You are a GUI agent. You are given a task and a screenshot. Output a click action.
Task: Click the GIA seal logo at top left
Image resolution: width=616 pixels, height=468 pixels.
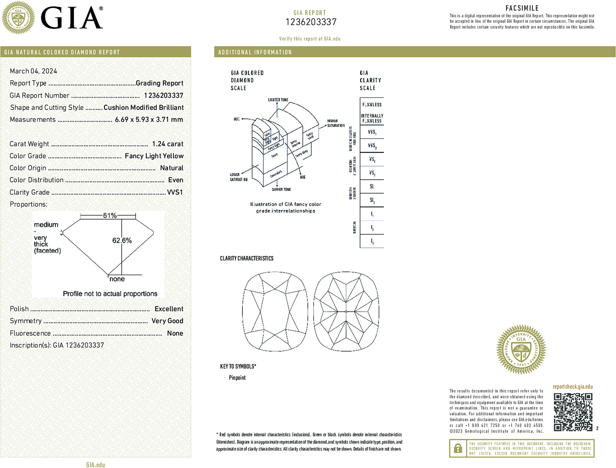(18, 18)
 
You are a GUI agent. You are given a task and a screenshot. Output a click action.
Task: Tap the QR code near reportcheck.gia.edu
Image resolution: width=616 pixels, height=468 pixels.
(573, 412)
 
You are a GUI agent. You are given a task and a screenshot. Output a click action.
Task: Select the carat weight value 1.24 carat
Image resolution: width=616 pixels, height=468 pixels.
(167, 144)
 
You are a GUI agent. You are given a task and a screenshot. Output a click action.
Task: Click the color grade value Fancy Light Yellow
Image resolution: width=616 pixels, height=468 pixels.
(154, 156)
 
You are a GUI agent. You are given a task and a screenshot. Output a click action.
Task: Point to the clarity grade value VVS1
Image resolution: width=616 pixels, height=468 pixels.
(175, 192)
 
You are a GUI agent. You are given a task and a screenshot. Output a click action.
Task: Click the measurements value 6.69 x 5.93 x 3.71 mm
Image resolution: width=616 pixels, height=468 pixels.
(149, 119)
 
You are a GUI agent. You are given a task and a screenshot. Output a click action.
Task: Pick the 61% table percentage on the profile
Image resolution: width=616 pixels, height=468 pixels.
(110, 216)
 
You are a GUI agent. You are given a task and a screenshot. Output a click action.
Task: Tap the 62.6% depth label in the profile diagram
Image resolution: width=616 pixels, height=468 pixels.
(122, 241)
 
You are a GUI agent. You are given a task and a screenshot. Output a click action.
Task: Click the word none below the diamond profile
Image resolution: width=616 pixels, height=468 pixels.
(117, 279)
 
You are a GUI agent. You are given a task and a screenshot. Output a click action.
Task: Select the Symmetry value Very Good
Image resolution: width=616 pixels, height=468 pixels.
(167, 321)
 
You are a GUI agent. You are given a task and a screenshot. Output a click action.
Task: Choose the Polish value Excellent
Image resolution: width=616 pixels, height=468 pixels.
(169, 309)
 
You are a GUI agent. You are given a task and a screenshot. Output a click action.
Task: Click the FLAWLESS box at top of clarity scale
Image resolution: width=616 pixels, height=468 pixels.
(372, 105)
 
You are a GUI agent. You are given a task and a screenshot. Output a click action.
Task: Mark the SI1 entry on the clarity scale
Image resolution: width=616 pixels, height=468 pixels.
(372, 187)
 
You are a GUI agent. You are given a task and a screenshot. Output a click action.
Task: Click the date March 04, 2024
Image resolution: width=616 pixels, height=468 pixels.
(34, 71)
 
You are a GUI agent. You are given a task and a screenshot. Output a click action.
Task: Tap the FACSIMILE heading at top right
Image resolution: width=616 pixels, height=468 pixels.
(522, 8)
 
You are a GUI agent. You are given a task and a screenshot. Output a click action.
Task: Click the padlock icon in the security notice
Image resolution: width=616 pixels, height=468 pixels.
(458, 448)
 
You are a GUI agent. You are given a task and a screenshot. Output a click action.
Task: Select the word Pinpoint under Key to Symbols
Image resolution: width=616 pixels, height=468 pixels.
(237, 378)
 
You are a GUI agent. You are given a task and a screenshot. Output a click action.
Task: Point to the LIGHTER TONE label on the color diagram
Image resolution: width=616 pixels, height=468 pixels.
(278, 100)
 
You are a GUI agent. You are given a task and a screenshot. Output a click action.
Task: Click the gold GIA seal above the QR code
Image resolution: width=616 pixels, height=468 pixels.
(521, 350)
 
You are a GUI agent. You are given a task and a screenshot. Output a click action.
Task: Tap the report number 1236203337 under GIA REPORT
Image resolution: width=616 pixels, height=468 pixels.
(311, 22)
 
